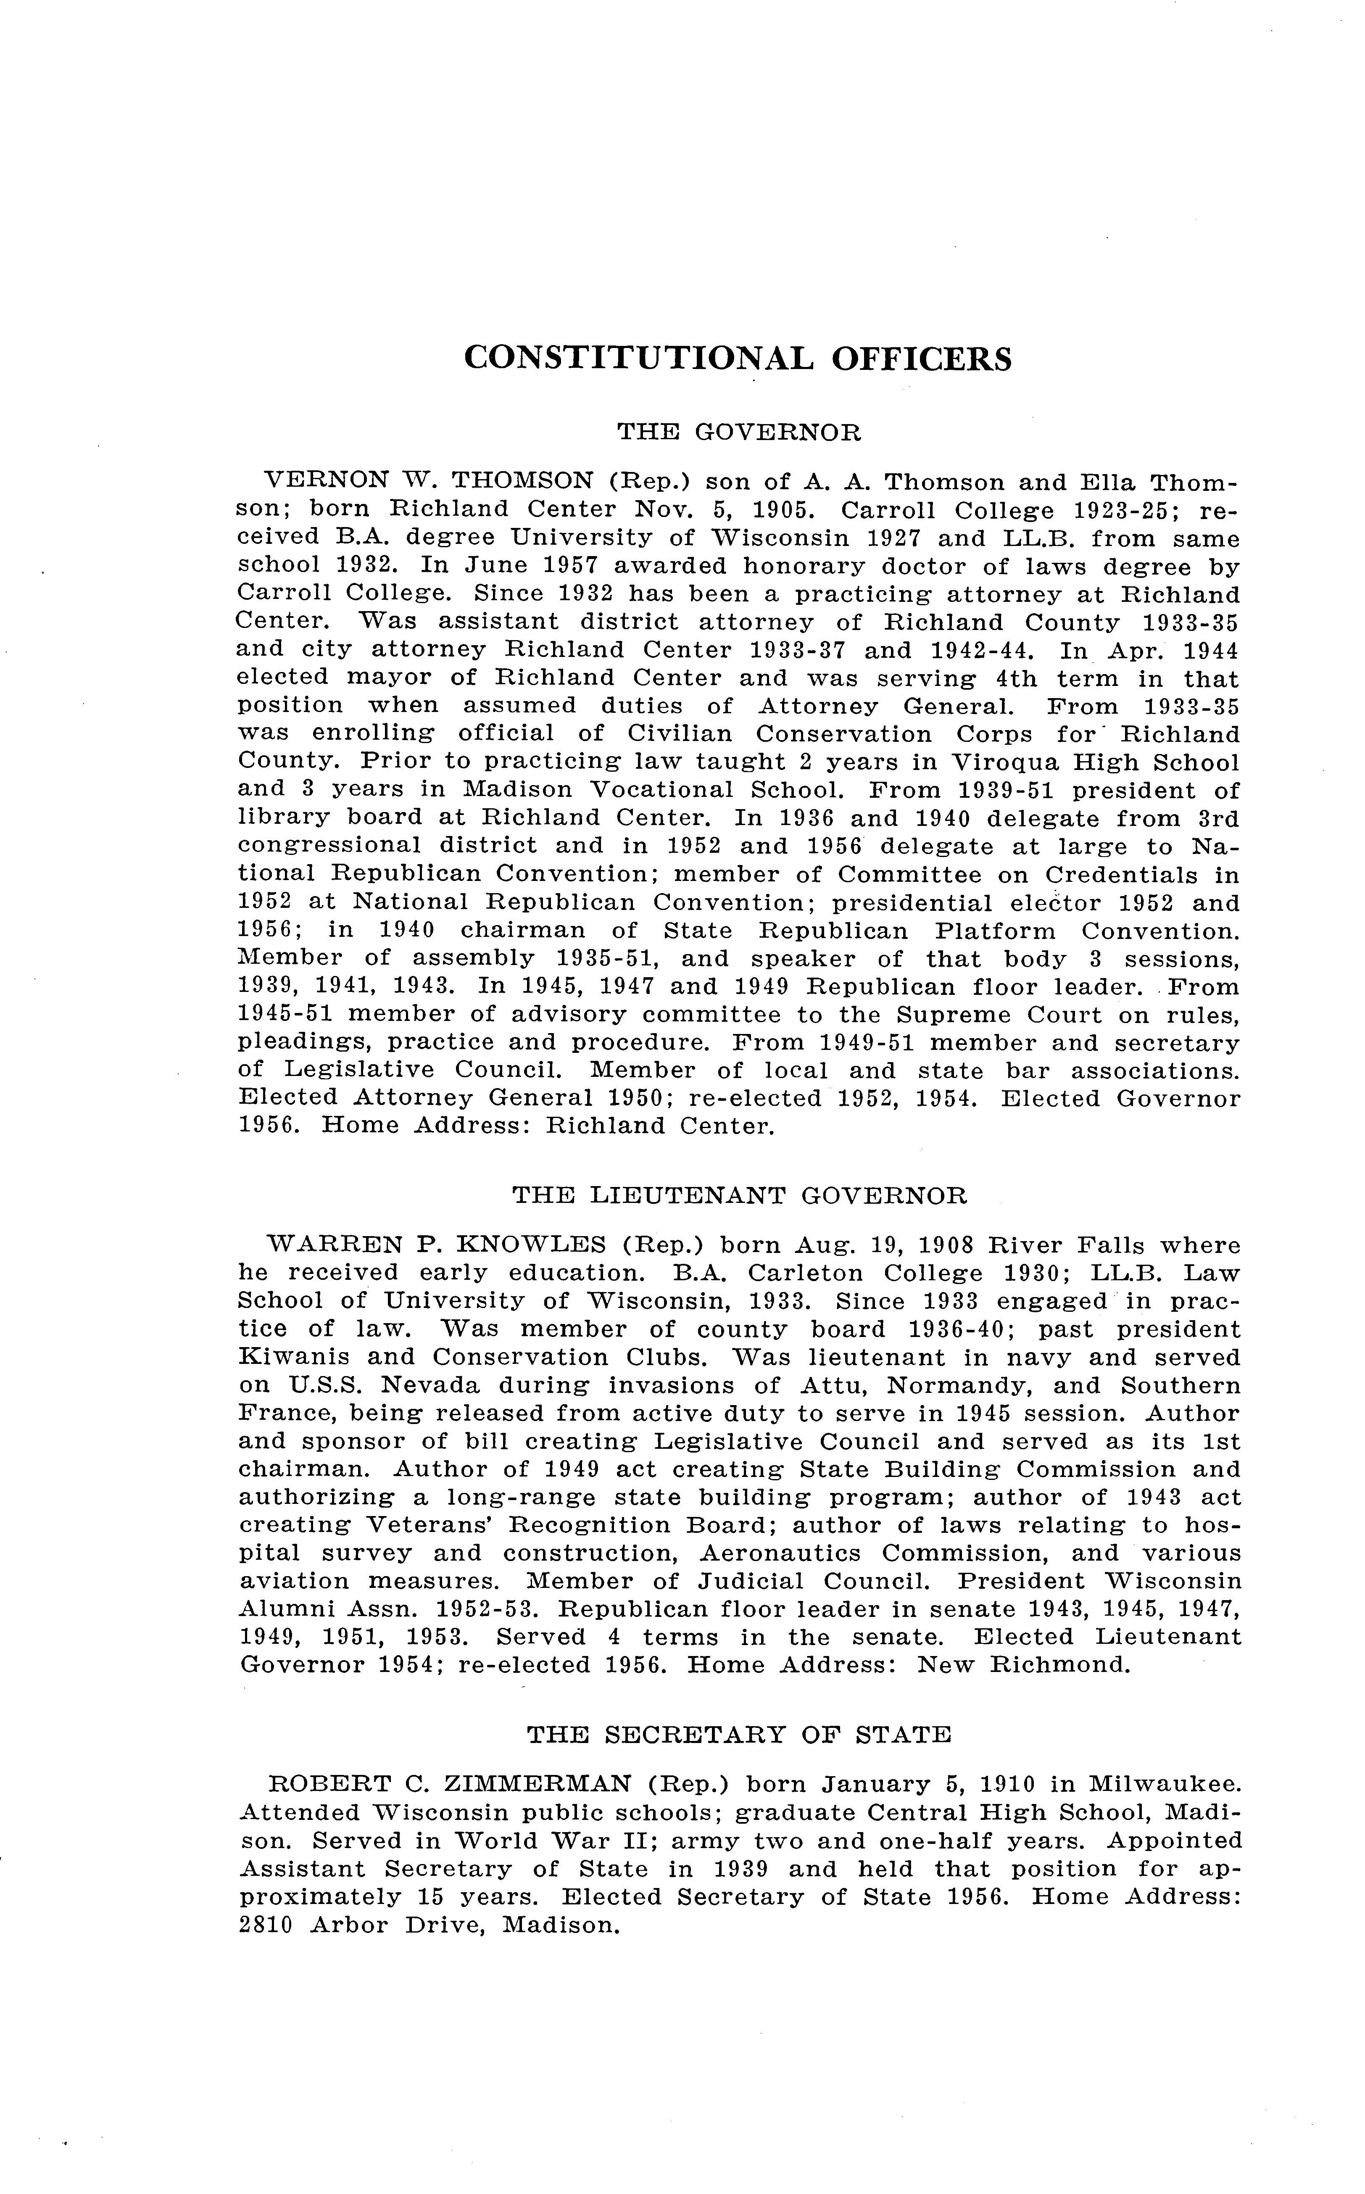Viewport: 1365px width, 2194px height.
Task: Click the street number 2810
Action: [266, 1925]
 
